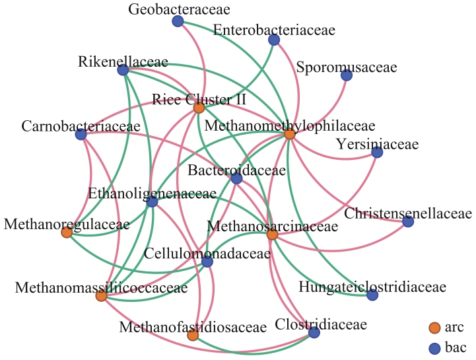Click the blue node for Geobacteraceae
178,22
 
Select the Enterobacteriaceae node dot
274,40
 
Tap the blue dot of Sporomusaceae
347,75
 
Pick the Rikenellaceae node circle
123,70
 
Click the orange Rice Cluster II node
199,107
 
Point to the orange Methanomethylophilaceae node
289,134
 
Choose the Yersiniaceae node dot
377,153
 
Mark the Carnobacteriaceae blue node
81,135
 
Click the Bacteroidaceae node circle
236,178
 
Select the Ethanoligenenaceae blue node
152,201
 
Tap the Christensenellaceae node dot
408,222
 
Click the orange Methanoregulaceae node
67,232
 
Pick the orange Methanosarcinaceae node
272,234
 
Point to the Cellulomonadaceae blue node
207,262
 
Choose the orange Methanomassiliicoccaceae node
101,296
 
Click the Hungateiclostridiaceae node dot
372,295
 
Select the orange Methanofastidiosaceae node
193,336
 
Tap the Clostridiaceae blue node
314,333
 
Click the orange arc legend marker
434,328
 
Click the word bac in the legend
456,347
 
